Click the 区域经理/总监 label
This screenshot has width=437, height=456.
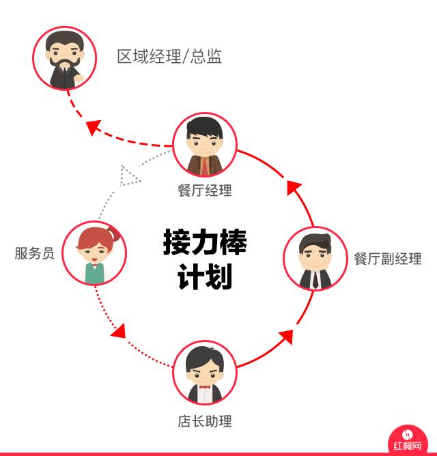(169, 57)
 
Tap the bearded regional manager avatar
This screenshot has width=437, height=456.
(65, 58)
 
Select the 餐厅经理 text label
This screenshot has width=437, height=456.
(205, 190)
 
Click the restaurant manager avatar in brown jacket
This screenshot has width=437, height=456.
(205, 145)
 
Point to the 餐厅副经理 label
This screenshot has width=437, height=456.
(387, 259)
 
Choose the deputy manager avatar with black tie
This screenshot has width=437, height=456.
(315, 259)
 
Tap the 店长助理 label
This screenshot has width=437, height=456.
(205, 421)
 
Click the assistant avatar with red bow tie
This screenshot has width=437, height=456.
(205, 373)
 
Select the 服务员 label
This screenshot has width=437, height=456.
(34, 253)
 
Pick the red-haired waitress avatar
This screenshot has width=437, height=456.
(94, 253)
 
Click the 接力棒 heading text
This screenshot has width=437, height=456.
(205, 242)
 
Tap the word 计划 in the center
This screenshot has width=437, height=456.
(205, 277)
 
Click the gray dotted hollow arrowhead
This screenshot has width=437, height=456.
(128, 175)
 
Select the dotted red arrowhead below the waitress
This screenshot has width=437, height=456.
(118, 330)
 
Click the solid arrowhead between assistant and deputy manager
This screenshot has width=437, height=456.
(286, 337)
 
